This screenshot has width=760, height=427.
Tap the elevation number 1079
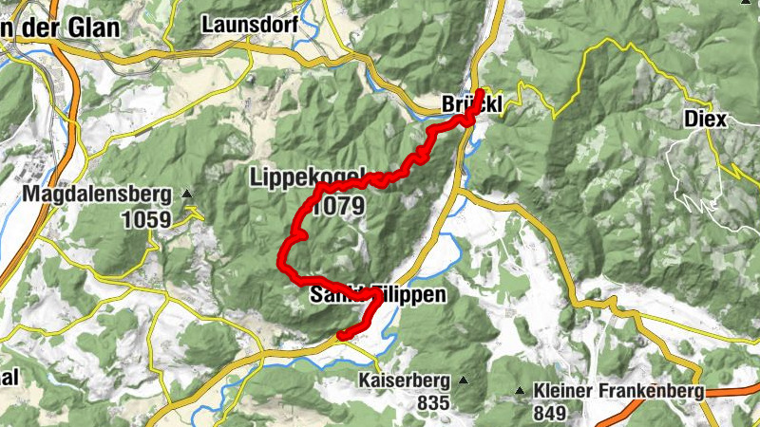tap(337, 207)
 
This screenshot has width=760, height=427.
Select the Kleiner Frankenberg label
tap(618, 391)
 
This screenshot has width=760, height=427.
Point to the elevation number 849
tap(549, 413)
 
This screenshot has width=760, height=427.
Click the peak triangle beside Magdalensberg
tap(187, 195)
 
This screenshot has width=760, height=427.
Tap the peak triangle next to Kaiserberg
tap(464, 381)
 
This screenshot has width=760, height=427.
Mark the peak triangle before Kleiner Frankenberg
tap(521, 391)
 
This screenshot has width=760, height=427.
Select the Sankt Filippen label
tap(378, 296)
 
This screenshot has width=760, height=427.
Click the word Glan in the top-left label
tap(95, 28)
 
